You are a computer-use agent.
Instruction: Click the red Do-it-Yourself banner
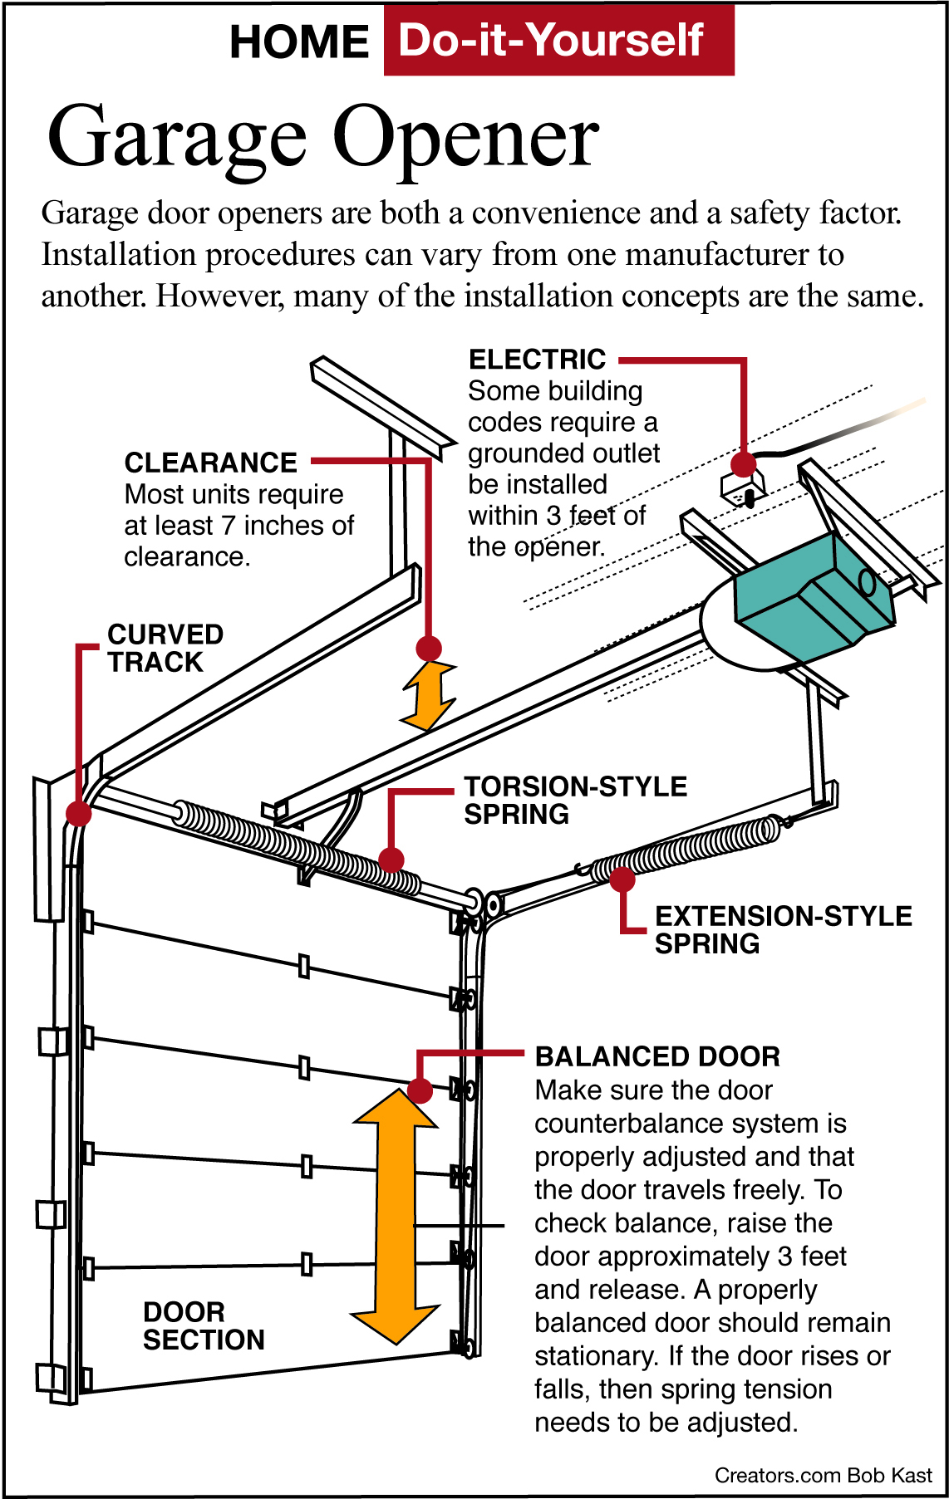click(558, 40)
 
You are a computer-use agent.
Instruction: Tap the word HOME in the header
click(299, 42)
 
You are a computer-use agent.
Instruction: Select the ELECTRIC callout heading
click(537, 360)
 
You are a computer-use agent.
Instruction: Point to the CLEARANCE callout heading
click(210, 463)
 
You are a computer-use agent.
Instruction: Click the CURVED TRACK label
click(165, 648)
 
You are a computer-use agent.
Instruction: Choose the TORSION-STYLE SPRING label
click(575, 800)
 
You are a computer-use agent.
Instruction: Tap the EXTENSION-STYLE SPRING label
click(783, 929)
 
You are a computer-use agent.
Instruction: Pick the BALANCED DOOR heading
click(657, 1056)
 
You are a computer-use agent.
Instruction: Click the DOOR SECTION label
click(203, 1325)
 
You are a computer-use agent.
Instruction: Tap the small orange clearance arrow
click(429, 696)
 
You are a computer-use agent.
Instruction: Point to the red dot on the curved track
click(78, 813)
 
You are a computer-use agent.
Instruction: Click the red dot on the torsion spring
click(391, 860)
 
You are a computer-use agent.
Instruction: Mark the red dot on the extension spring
click(622, 879)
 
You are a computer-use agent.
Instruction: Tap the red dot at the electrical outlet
click(744, 464)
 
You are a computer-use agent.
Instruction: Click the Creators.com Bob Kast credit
click(823, 1475)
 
